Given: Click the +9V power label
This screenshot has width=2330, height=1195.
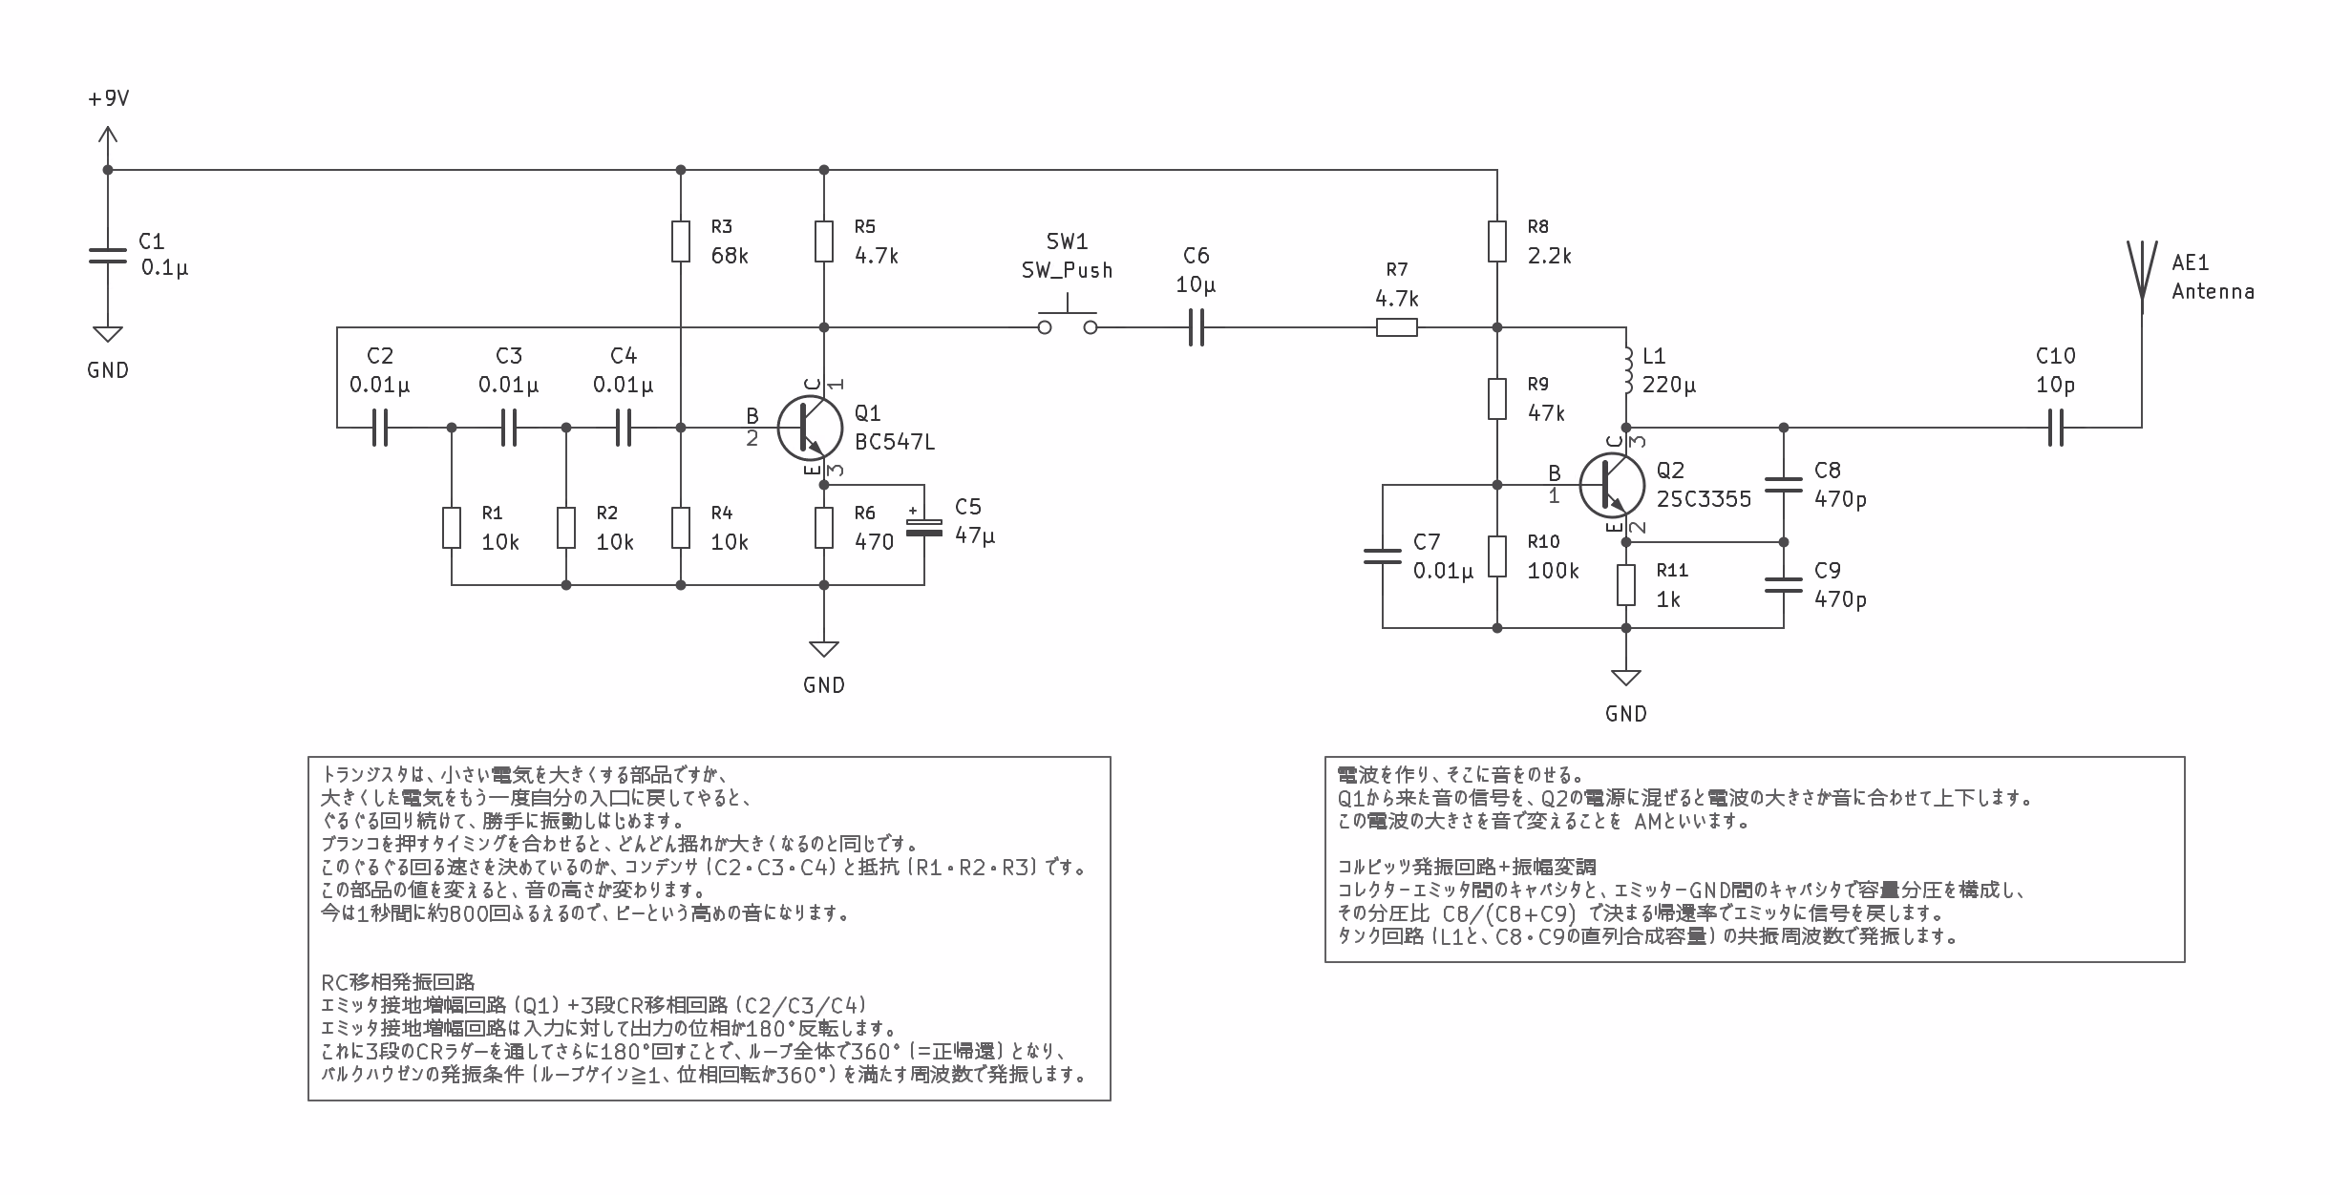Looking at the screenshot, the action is [x=108, y=99].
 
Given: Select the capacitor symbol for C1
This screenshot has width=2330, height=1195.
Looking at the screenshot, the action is [x=108, y=256].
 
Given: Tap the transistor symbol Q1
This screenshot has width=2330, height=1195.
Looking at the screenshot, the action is [x=809, y=429].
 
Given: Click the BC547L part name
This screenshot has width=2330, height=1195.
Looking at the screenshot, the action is [x=895, y=442].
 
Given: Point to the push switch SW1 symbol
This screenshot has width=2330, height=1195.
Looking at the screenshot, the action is [x=1068, y=319].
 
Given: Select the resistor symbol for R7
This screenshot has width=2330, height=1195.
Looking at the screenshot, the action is [x=1397, y=327].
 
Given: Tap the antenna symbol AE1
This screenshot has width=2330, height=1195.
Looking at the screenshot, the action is [x=2142, y=277].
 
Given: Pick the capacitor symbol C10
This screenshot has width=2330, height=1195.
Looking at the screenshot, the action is [x=2056, y=428].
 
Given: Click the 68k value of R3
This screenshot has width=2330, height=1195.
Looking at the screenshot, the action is [x=730, y=256].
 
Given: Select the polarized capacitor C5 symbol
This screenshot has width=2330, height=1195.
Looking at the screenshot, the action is [x=923, y=527].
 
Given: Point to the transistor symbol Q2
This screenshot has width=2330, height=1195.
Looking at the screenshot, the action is [x=1611, y=486].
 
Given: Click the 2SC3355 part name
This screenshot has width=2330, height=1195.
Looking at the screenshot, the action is [x=1704, y=499].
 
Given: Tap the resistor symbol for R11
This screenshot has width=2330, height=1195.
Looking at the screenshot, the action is [x=1626, y=585].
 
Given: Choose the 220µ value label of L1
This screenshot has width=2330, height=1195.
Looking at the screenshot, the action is [x=1669, y=386].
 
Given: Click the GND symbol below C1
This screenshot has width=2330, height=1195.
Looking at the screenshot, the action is [x=108, y=334].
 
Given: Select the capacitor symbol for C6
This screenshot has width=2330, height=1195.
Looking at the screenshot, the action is [x=1197, y=327].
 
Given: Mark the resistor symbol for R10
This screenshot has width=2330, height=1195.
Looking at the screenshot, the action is [x=1497, y=556].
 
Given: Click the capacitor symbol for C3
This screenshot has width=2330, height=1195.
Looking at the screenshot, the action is [x=509, y=428].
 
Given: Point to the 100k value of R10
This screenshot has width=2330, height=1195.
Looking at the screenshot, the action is [x=1553, y=571].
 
